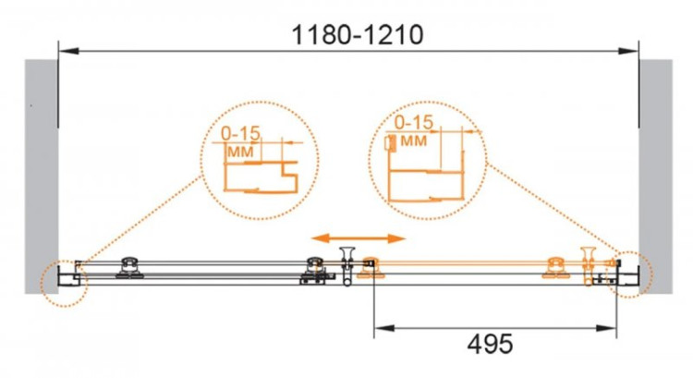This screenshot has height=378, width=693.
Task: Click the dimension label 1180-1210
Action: pyautogui.click(x=358, y=34)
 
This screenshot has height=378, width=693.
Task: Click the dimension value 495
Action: pyautogui.click(x=490, y=344)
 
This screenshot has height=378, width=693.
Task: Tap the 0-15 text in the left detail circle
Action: pyautogui.click(x=241, y=133)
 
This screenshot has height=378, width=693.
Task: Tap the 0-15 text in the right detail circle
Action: pyautogui.click(x=414, y=122)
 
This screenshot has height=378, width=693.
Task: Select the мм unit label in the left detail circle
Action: pyautogui.click(x=240, y=152)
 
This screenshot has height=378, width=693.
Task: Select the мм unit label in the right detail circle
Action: pyautogui.click(x=414, y=140)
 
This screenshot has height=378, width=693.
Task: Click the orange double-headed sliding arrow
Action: pyautogui.click(x=359, y=238)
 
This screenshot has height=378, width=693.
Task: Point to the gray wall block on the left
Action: pyautogui.click(x=41, y=176)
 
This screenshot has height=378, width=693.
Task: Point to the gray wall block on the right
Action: pyautogui.click(x=656, y=176)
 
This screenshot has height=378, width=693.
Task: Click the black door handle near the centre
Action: pyautogui.click(x=347, y=265)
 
